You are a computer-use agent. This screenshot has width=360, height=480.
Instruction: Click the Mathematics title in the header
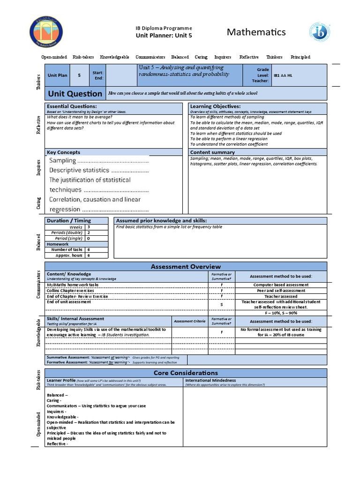[256, 32]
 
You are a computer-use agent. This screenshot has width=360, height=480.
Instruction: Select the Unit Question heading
[75, 93]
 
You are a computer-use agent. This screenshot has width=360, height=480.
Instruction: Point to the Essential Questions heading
[67, 106]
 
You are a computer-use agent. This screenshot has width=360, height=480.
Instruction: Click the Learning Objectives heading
[215, 106]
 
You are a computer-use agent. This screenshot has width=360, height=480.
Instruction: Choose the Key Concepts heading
[63, 152]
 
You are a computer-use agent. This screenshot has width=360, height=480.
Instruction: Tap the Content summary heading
[212, 152]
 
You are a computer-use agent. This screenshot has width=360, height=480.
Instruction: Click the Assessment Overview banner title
[186, 267]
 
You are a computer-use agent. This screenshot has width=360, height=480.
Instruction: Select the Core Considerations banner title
[186, 373]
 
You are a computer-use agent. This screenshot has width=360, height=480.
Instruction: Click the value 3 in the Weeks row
[88, 227]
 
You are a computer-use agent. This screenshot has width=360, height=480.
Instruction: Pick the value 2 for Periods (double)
[88, 232]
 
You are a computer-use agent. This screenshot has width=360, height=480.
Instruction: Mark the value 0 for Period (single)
[88, 238]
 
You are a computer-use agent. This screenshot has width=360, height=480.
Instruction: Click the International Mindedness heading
[210, 380]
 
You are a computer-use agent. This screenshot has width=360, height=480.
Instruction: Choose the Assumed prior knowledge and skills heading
[161, 220]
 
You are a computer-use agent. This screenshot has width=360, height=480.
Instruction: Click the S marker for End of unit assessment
[221, 305]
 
